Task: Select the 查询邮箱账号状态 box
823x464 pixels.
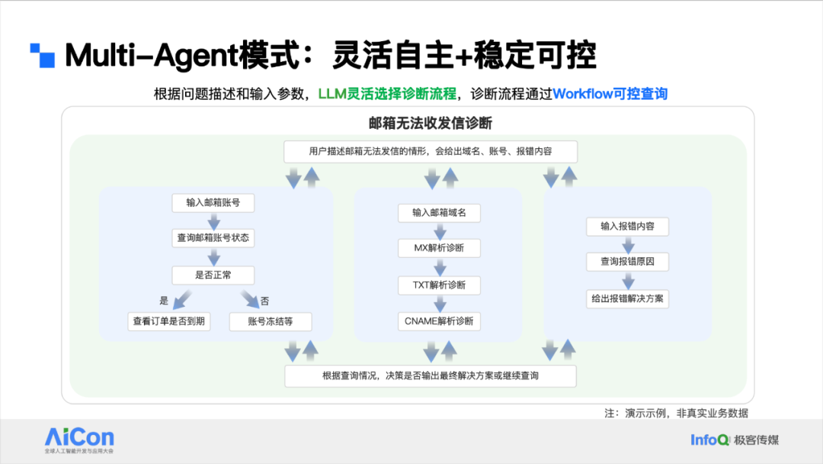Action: (213, 239)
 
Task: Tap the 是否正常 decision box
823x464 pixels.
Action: (213, 275)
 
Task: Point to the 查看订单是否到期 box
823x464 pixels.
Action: (168, 321)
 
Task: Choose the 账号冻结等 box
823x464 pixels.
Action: (271, 321)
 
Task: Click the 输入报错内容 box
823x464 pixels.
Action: (627, 227)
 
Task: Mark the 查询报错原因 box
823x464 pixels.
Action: (627, 262)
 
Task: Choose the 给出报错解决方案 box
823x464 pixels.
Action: (627, 298)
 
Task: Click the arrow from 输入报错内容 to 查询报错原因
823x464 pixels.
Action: (628, 244)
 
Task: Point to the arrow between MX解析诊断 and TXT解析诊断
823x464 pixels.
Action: (439, 267)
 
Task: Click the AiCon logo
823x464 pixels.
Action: (79, 438)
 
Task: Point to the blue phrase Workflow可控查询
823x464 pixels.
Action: (610, 94)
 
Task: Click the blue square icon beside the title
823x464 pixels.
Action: (43, 56)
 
